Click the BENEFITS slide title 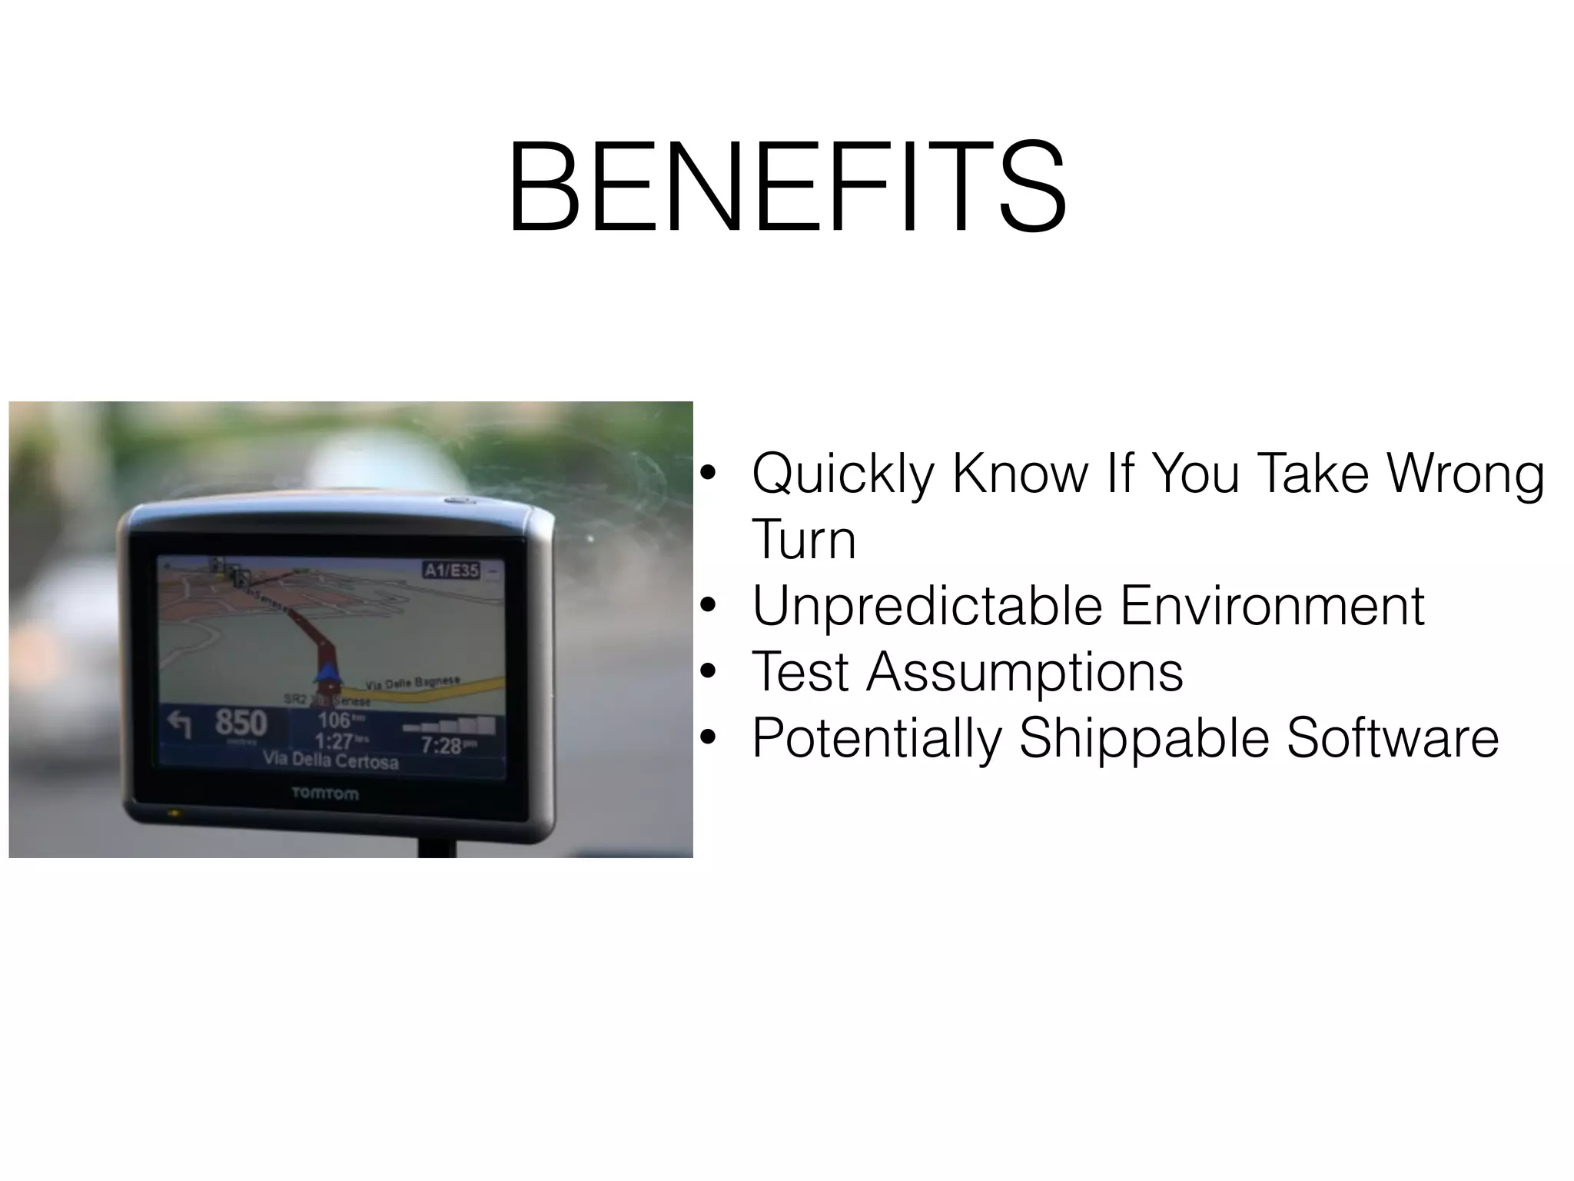tap(787, 186)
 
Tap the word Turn tap(803, 540)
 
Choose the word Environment tap(1272, 607)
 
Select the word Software tap(1392, 738)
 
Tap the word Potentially tap(876, 738)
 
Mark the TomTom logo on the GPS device tap(324, 793)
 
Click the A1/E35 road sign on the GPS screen tap(451, 570)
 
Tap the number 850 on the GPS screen tap(241, 723)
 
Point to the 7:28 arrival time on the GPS tap(441, 745)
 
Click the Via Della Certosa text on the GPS tap(330, 760)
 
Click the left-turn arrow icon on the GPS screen tap(180, 724)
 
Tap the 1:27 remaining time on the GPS tap(334, 741)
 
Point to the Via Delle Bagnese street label tap(413, 683)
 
